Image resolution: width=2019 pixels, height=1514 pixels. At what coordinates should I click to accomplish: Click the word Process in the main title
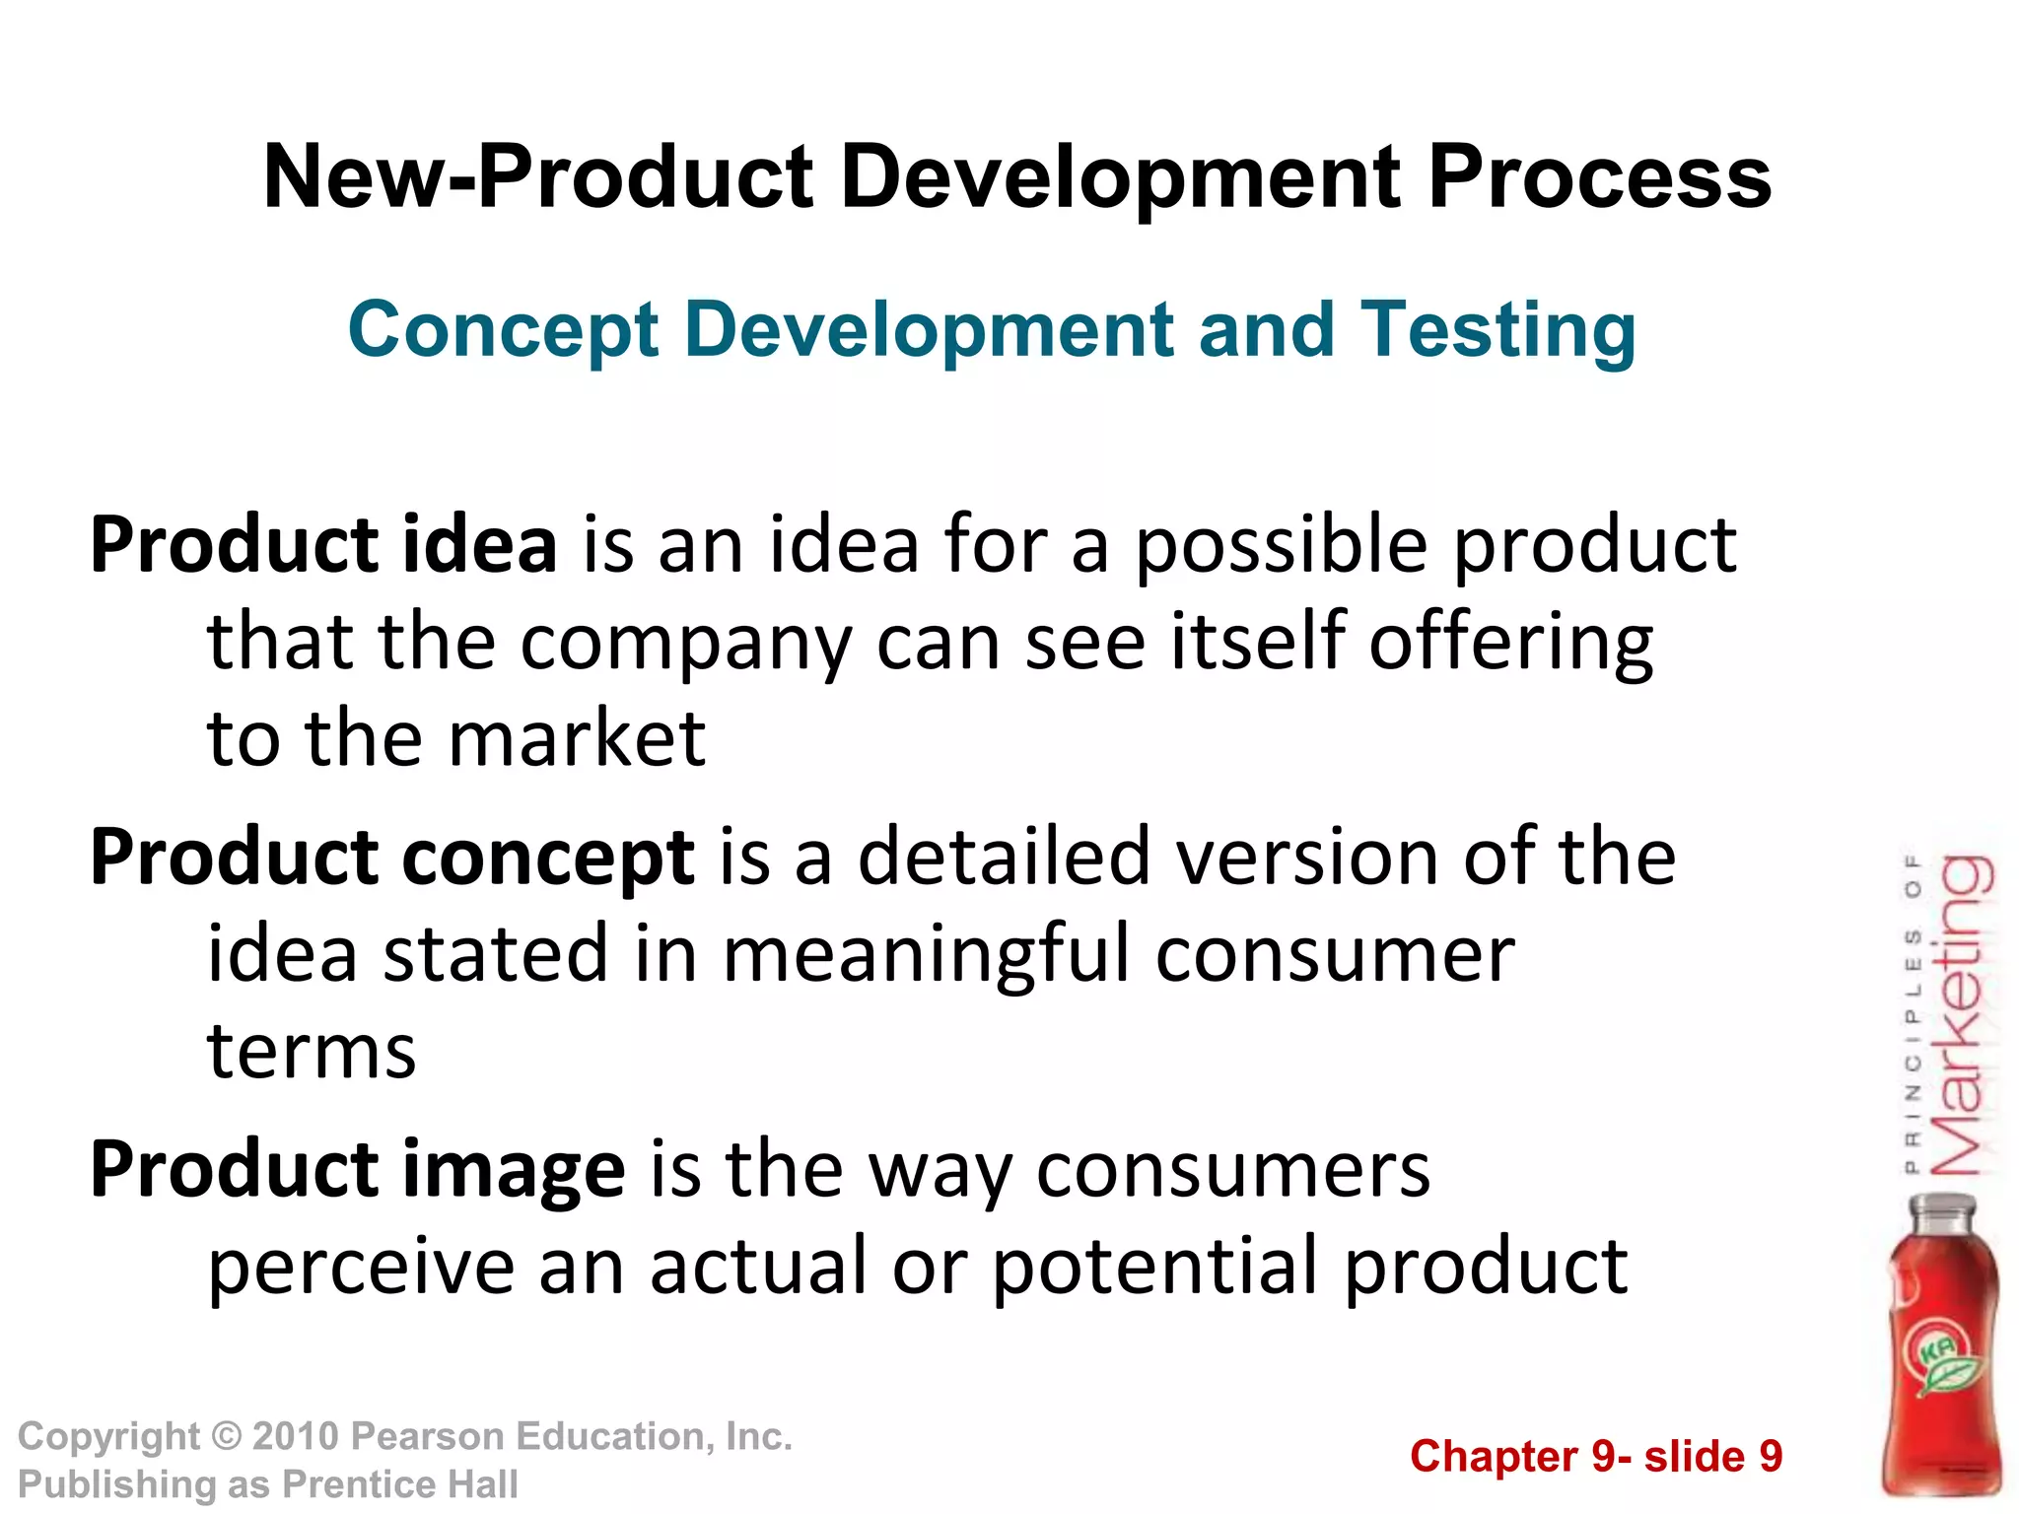1599,178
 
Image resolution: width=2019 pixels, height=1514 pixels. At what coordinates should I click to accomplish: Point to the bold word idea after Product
479,545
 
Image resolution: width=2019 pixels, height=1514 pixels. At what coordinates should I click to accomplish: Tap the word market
577,739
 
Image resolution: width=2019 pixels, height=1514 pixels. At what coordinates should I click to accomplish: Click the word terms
312,1051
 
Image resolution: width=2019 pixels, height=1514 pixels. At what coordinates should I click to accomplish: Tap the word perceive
361,1267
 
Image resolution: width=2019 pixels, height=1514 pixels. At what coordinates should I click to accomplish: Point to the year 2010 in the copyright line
296,1437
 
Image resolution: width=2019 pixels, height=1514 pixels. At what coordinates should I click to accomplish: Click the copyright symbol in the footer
227,1437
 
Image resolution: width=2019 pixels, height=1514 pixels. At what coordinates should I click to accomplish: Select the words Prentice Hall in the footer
400,1484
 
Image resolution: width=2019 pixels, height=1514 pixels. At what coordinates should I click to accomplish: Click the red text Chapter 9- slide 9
1596,1457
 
